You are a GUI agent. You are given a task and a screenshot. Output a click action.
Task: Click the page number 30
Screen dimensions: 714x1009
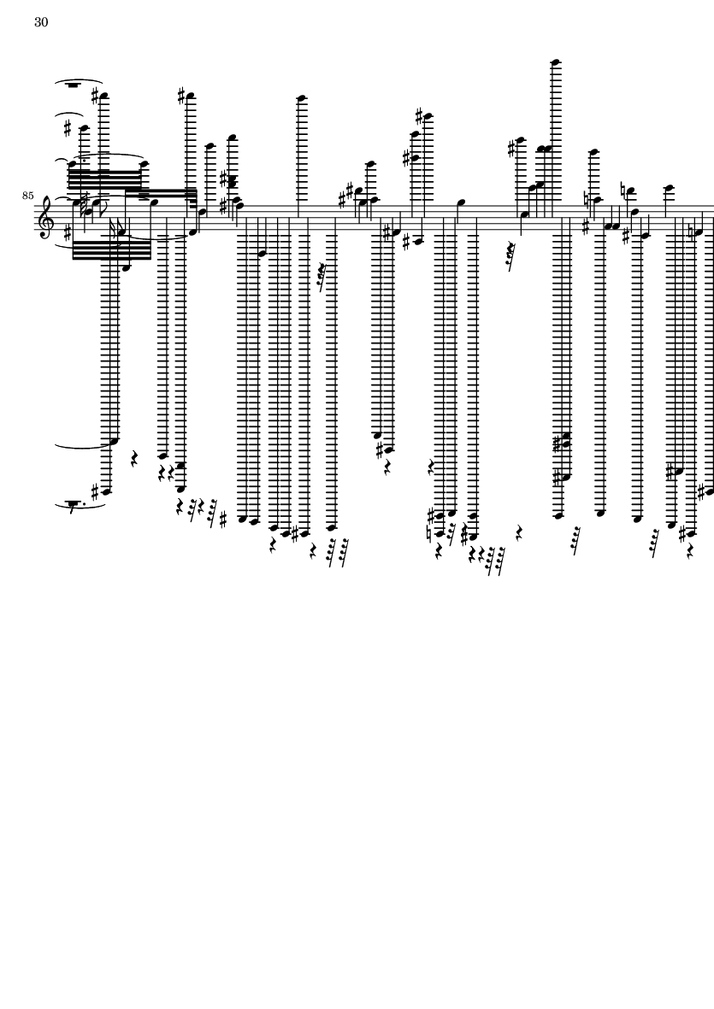click(x=41, y=22)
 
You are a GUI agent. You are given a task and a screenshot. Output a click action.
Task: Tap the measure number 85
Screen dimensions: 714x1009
click(x=27, y=195)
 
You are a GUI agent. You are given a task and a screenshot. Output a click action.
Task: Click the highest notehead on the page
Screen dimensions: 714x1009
click(x=556, y=62)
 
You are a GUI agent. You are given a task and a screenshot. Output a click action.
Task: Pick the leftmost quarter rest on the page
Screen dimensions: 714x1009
click(x=135, y=458)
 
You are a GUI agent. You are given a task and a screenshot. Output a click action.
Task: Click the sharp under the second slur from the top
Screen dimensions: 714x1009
click(x=68, y=129)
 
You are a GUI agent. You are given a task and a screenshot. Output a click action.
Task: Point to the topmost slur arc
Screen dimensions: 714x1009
click(x=80, y=81)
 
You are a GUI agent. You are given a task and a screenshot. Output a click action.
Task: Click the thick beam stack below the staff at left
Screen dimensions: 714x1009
click(x=112, y=249)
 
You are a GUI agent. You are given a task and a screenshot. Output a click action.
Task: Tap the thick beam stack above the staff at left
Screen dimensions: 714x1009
click(x=104, y=176)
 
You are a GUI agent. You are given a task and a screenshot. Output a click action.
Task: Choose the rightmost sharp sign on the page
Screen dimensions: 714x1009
click(x=702, y=494)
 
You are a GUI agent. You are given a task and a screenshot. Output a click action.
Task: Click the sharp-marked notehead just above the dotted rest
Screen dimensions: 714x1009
click(x=105, y=491)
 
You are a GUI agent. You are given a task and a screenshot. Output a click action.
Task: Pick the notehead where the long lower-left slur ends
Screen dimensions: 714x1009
click(x=115, y=442)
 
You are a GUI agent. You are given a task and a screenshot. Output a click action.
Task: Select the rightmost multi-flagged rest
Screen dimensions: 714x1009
click(x=658, y=543)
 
